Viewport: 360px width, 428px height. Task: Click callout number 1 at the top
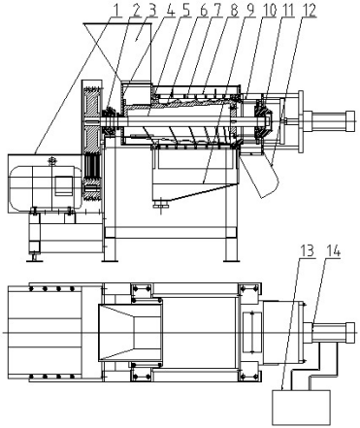click(116, 11)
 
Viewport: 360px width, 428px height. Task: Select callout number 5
click(186, 11)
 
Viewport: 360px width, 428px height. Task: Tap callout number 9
click(251, 11)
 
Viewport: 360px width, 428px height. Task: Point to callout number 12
click(309, 11)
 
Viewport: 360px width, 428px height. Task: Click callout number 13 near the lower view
click(307, 250)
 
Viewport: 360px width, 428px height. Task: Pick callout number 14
click(333, 250)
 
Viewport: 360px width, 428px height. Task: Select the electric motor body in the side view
click(46, 187)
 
